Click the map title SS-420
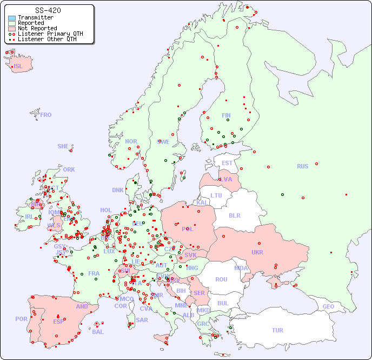click(x=48, y=10)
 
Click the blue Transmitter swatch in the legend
click(x=12, y=17)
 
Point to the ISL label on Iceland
click(x=18, y=67)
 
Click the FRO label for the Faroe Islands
click(x=45, y=115)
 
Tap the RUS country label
click(x=302, y=166)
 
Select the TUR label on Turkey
click(x=277, y=330)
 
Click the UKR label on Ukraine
click(x=257, y=252)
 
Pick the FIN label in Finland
click(x=226, y=115)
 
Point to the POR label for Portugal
click(x=21, y=319)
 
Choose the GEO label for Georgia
click(x=328, y=306)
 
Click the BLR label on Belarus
click(x=234, y=215)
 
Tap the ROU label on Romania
click(x=221, y=279)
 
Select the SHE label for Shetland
click(x=63, y=146)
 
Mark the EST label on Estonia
click(x=227, y=163)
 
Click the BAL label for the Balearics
click(x=97, y=332)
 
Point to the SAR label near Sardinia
click(x=142, y=320)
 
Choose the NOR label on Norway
click(x=131, y=141)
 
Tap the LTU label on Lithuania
click(x=216, y=195)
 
